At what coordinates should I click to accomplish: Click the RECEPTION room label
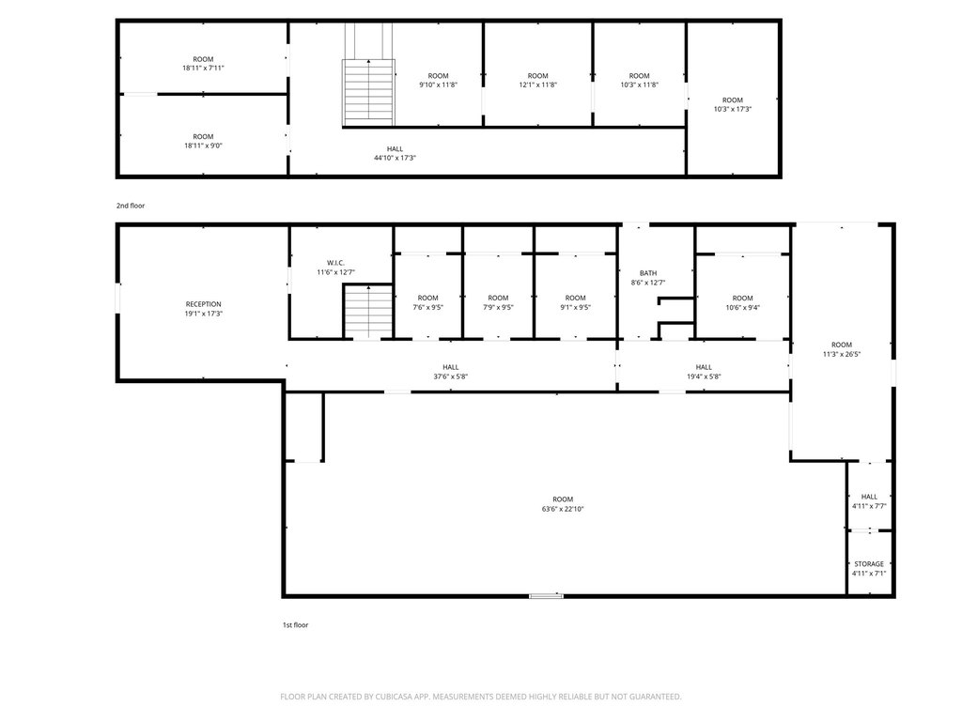click(x=204, y=304)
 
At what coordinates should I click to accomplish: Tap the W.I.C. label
click(x=335, y=263)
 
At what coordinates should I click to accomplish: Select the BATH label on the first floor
click(x=648, y=273)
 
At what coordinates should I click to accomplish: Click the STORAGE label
click(x=869, y=564)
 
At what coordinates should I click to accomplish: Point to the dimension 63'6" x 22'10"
click(x=563, y=509)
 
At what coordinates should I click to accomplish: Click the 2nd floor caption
click(x=131, y=206)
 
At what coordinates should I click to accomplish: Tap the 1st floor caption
click(x=295, y=625)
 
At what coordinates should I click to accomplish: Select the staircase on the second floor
click(x=368, y=92)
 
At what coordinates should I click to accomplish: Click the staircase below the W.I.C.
click(x=368, y=312)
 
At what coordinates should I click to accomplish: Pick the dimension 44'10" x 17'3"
click(x=396, y=158)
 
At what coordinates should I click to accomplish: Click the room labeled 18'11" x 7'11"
click(x=203, y=59)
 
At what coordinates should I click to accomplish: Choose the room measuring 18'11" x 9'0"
click(x=203, y=136)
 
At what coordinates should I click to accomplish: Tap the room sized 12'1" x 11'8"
click(x=538, y=75)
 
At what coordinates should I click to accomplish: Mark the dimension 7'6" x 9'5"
click(x=427, y=308)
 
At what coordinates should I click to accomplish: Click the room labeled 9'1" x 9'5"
click(x=576, y=297)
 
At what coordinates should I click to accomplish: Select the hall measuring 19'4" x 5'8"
click(x=704, y=366)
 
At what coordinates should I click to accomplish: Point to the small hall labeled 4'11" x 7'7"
click(x=869, y=496)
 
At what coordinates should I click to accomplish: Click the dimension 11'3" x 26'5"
click(x=841, y=354)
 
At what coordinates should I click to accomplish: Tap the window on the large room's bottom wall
click(x=546, y=595)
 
